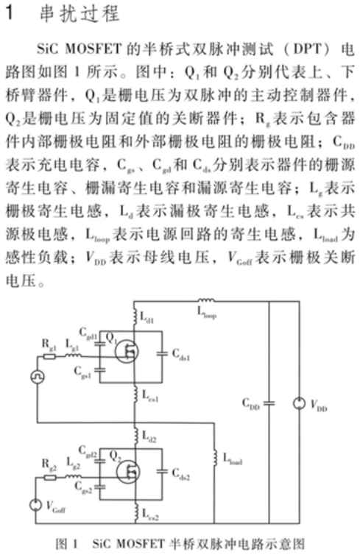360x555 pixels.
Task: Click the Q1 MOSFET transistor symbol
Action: pos(127,351)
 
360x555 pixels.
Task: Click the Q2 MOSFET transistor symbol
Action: pos(127,472)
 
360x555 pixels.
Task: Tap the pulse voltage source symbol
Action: pos(37,376)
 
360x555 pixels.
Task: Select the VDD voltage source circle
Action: pos(299,403)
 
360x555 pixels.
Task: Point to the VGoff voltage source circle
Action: pos(35,505)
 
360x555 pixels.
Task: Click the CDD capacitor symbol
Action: pos(269,403)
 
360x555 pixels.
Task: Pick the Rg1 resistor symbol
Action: pos(49,356)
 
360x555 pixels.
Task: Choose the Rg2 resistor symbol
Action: pos(49,478)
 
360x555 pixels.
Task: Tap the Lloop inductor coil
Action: pos(206,301)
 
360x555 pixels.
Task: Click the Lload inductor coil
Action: pos(214,458)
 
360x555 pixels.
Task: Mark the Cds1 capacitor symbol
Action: pos(162,353)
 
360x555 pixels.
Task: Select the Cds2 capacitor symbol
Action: pos(162,472)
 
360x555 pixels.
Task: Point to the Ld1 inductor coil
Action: pos(135,316)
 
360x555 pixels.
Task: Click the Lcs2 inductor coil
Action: pos(135,512)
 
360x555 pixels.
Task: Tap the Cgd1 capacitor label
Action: pos(88,333)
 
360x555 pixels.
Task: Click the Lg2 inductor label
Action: pos(74,463)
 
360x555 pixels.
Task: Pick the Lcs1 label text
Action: pos(150,396)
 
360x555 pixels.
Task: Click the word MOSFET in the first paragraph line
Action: pos(93,49)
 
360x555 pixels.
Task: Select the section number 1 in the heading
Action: pos(10,13)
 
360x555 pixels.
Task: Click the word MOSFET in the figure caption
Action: pos(140,544)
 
